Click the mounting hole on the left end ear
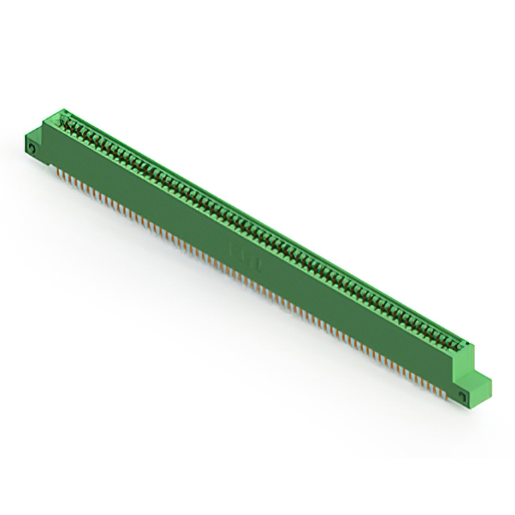tap(33, 148)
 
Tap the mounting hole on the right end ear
tap(462, 395)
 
